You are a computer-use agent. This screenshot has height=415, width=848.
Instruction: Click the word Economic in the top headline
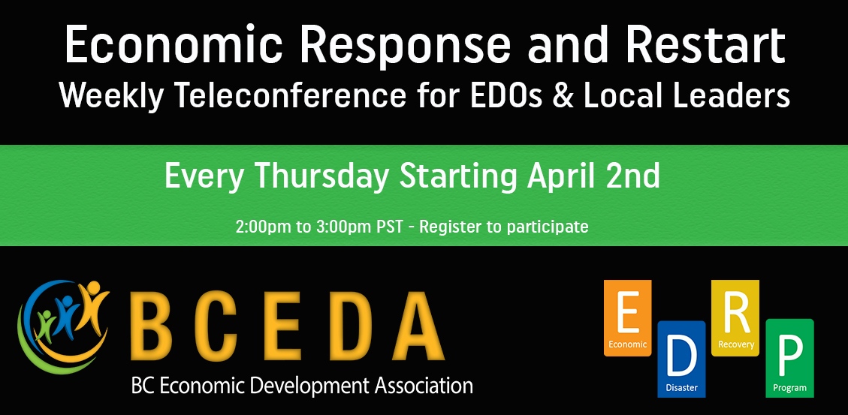pyautogui.click(x=174, y=44)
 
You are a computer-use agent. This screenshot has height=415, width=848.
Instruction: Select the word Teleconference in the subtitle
pyautogui.click(x=290, y=95)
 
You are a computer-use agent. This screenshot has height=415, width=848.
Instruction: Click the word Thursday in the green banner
pyautogui.click(x=321, y=176)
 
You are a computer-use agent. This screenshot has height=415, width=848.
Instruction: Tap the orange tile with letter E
pyautogui.click(x=627, y=317)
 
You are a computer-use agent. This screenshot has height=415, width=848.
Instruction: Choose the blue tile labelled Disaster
pyautogui.click(x=681, y=359)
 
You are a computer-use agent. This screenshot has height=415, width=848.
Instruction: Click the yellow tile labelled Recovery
pyautogui.click(x=735, y=317)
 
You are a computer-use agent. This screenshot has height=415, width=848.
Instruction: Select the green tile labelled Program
pyautogui.click(x=789, y=358)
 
